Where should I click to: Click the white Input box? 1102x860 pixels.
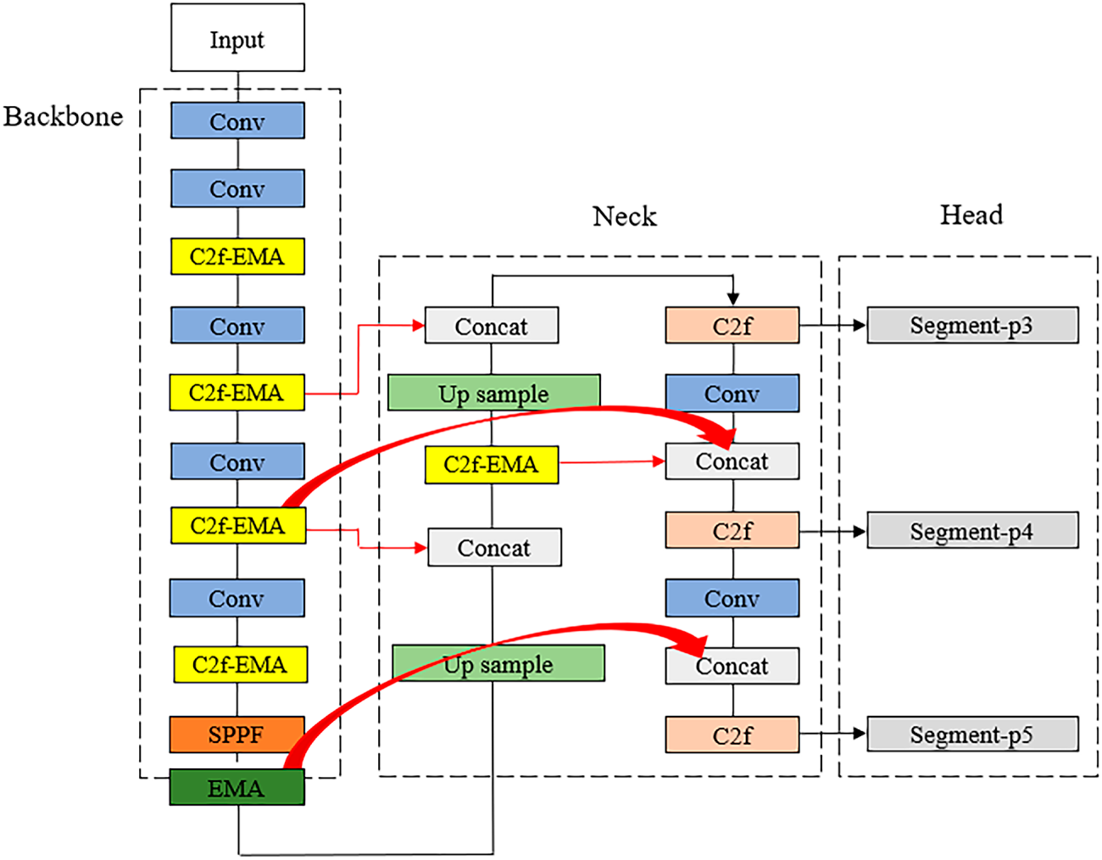pos(237,37)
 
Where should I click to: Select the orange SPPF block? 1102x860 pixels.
pos(237,734)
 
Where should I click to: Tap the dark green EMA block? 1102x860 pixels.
pos(237,787)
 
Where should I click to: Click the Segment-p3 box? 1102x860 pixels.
pos(972,325)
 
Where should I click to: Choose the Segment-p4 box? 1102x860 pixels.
pos(972,530)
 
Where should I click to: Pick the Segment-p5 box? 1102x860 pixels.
pos(972,734)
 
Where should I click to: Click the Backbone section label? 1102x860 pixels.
pos(64,117)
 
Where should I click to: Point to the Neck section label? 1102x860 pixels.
pos(624,216)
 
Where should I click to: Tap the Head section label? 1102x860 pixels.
pos(971,215)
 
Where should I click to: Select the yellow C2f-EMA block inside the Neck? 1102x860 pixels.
pos(492,464)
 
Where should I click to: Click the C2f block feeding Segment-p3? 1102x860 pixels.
pos(732,325)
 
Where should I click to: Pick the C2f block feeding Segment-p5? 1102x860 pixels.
pos(732,734)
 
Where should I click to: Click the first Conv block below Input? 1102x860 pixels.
pos(237,120)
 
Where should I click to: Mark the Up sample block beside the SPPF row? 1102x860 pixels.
pos(498,663)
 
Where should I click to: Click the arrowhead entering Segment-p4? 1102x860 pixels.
pos(859,531)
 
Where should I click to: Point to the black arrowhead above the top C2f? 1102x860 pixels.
pos(732,299)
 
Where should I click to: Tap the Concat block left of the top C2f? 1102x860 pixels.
pos(492,325)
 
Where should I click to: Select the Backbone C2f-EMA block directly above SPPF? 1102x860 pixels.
pos(240,664)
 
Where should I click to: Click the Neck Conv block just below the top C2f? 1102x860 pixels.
pos(732,394)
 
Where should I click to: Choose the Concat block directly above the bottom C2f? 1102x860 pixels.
pos(732,666)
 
